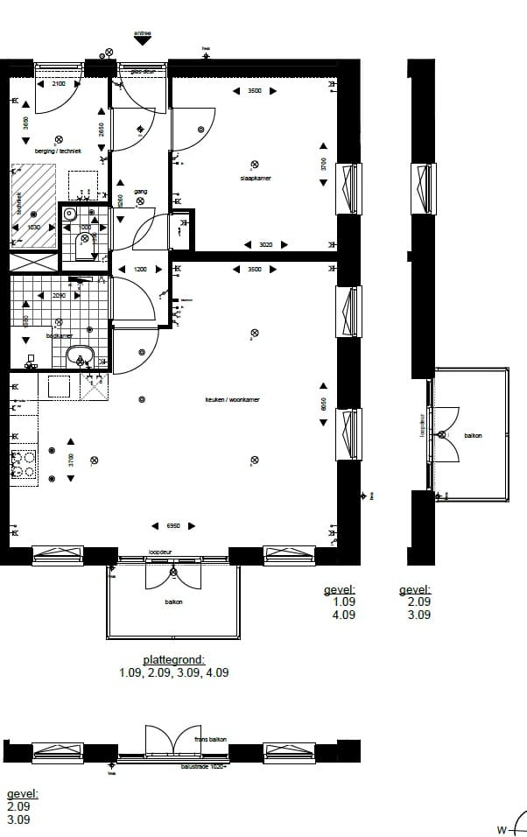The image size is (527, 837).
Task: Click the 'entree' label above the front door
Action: [142, 33]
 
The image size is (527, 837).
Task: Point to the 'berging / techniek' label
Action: [58, 151]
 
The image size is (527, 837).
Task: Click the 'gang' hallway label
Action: [140, 191]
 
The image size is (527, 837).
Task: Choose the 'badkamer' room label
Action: [59, 335]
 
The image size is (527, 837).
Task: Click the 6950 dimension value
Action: [173, 525]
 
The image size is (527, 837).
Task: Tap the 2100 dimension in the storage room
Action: [59, 84]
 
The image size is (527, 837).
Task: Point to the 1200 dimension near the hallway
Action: [141, 270]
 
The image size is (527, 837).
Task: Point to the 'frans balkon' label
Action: [210, 740]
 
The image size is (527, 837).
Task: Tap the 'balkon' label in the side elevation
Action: [474, 435]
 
